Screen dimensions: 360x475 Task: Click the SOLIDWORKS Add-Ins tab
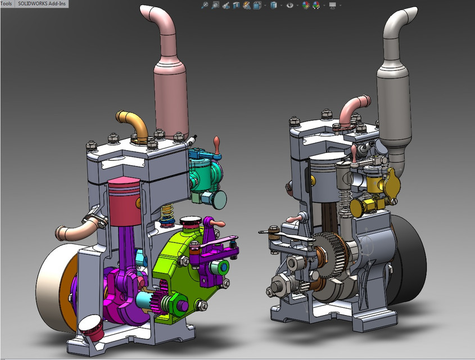tap(41, 3)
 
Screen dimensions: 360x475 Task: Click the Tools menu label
tap(6, 3)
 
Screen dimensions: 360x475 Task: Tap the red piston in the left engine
tap(123, 196)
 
